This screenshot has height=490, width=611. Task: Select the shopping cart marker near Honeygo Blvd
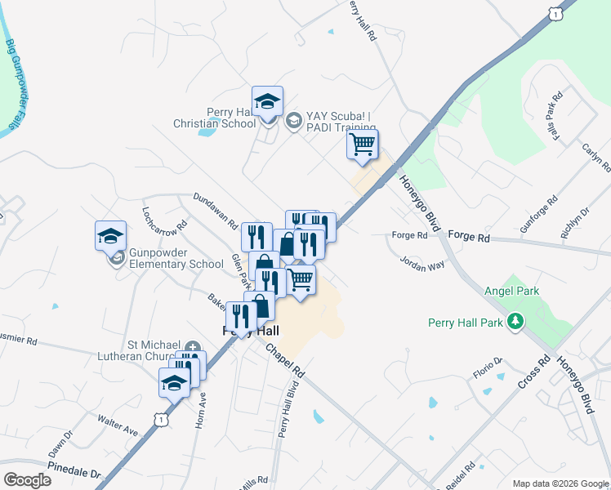click(362, 145)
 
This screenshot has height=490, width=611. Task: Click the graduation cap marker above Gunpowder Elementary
click(110, 237)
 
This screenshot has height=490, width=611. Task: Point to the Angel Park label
click(511, 291)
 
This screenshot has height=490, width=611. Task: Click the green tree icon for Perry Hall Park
click(515, 322)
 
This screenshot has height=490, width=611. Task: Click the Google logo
click(27, 480)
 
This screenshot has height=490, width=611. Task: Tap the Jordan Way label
click(422, 262)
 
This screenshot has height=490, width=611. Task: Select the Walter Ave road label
click(117, 425)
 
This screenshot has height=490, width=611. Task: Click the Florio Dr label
click(487, 368)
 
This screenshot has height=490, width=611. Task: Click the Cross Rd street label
click(535, 372)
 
